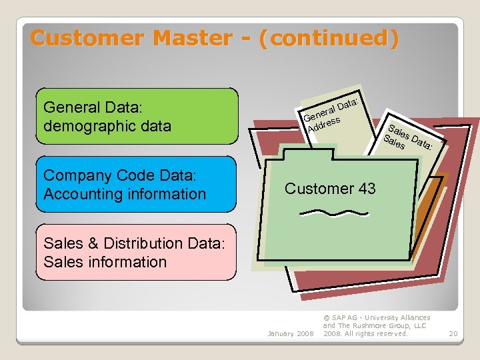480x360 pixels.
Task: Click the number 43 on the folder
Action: click(367, 189)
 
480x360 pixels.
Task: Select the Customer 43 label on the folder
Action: click(330, 189)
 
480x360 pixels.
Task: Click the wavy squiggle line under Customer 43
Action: click(334, 213)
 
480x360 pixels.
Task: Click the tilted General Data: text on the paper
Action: click(331, 111)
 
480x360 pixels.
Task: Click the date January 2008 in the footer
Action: click(290, 333)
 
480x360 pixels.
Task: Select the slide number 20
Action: click(453, 333)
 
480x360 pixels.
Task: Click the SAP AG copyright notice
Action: click(376, 325)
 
